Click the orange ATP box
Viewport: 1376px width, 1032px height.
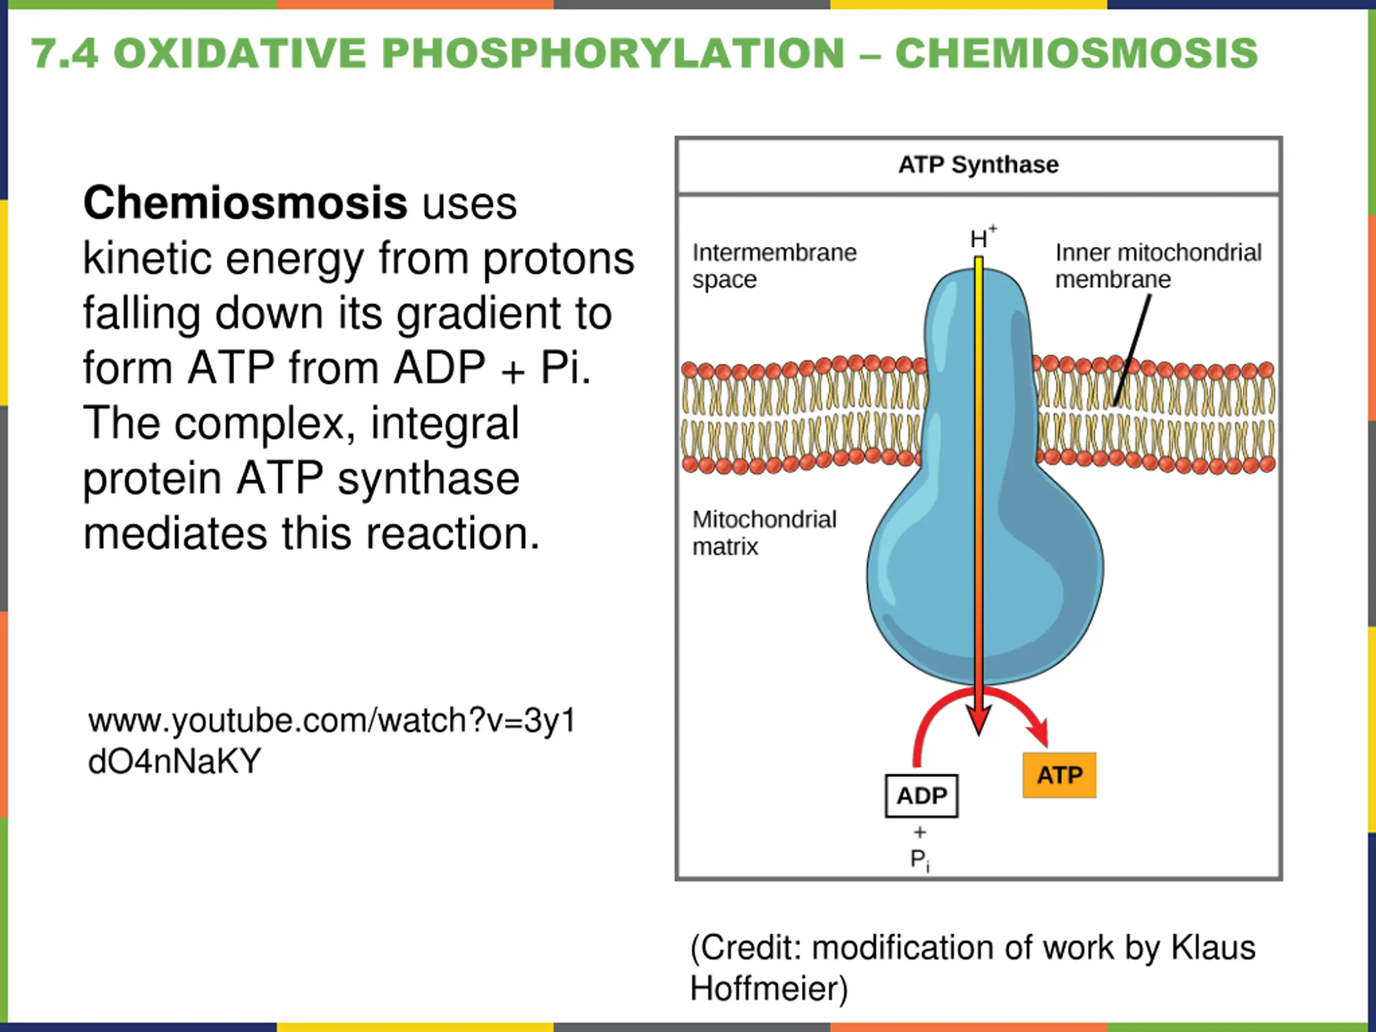click(x=1059, y=775)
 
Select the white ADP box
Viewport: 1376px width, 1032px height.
click(x=921, y=795)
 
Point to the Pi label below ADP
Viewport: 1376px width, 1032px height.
click(x=920, y=861)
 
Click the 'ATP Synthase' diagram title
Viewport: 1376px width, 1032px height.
click(x=978, y=165)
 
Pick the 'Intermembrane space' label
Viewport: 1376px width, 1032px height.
click(x=775, y=266)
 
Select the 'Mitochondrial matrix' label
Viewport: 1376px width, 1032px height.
click(x=764, y=533)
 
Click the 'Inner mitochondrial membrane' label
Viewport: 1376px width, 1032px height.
click(x=1158, y=266)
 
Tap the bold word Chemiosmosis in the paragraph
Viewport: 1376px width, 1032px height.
click(x=245, y=203)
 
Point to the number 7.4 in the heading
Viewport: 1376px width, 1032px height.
click(x=64, y=54)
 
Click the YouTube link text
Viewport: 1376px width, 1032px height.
click(x=332, y=741)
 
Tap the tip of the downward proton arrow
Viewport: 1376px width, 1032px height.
click(x=979, y=735)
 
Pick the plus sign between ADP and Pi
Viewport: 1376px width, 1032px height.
click(x=920, y=832)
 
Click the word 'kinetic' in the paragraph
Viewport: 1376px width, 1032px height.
click(x=148, y=259)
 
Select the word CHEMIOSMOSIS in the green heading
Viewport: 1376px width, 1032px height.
click(x=1077, y=54)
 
